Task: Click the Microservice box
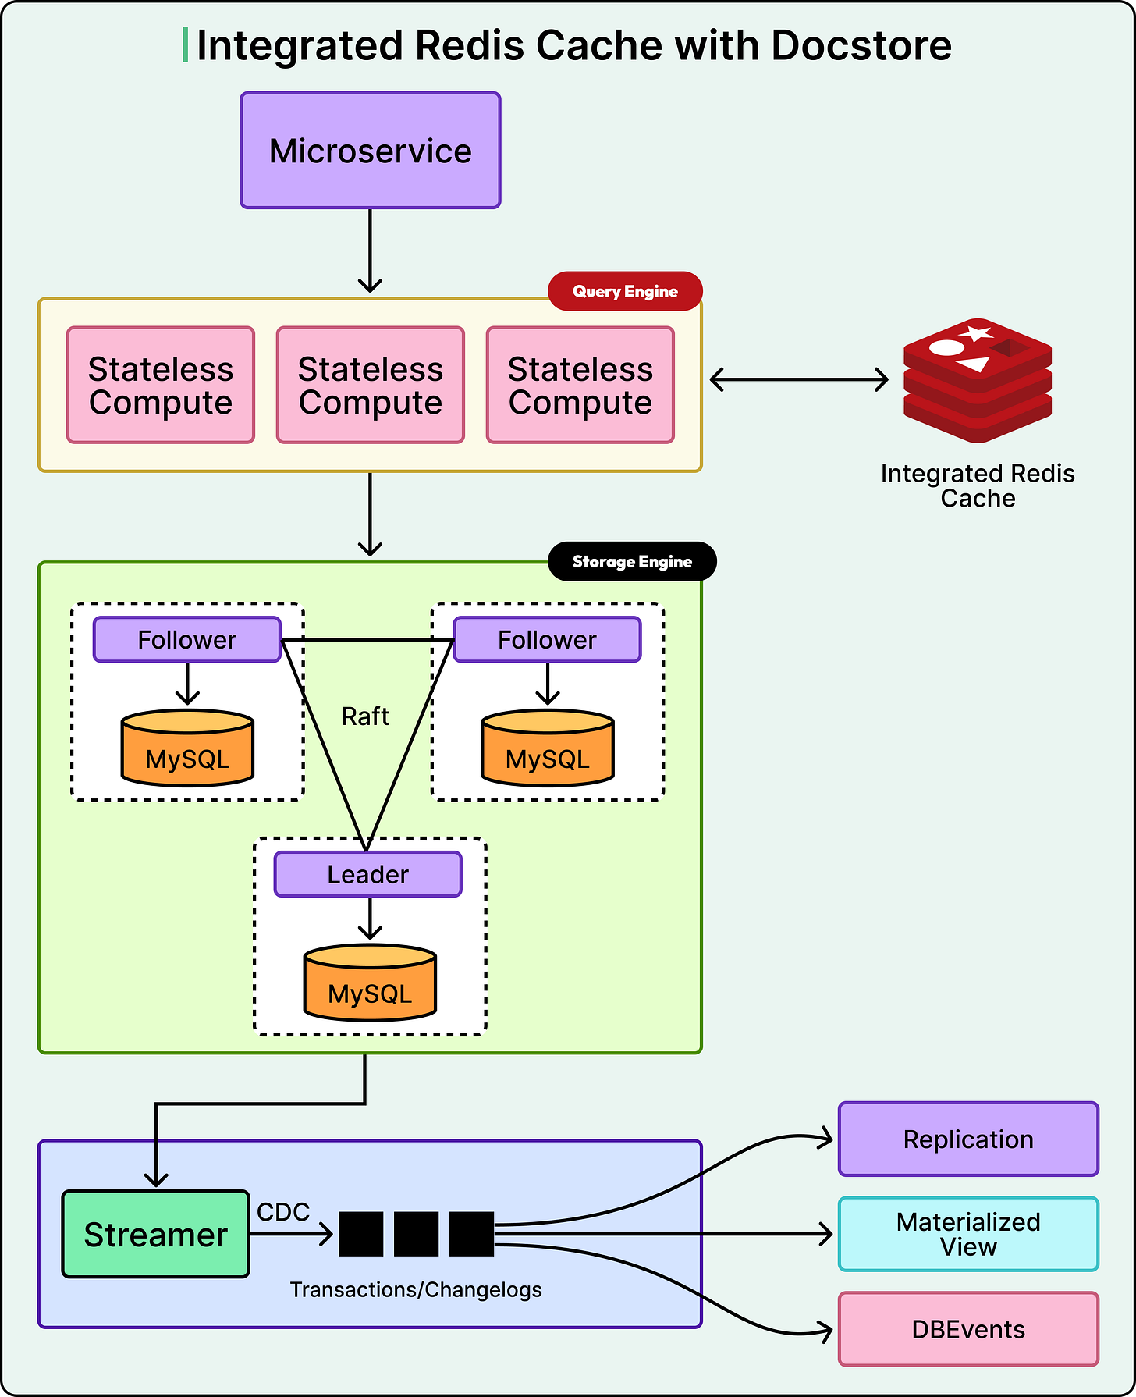pos(371,151)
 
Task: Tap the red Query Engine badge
pos(625,291)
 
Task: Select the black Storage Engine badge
pos(632,561)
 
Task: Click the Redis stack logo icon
pos(978,380)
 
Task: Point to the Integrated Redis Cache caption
pos(978,485)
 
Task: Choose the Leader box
pos(368,874)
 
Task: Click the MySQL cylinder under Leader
pos(370,983)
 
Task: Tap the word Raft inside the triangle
pos(365,716)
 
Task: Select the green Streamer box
pos(156,1234)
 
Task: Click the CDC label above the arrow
pos(283,1212)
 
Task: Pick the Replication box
pos(968,1139)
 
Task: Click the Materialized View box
pos(968,1234)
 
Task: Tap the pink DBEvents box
pos(968,1329)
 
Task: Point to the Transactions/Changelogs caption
pos(416,1289)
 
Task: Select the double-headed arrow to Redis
pos(799,380)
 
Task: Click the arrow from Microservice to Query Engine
pos(370,251)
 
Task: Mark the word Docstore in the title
pos(861,45)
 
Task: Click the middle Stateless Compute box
pos(371,385)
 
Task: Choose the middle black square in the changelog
pos(416,1234)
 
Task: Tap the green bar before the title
pos(185,44)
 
